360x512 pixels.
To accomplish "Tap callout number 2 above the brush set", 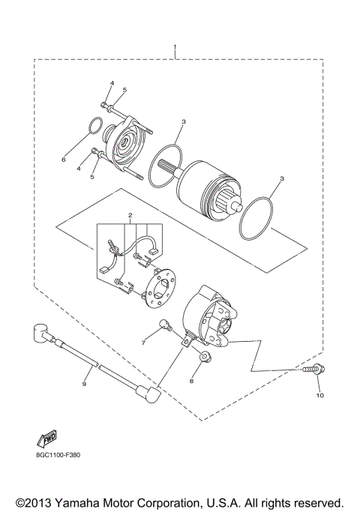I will point(130,215).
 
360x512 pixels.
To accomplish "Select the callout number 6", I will point(64,159).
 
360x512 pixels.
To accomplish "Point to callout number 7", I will point(143,343).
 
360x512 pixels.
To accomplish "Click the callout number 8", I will point(191,381).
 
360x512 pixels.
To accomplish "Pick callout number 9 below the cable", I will point(84,384).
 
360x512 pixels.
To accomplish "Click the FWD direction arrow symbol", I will point(47,439).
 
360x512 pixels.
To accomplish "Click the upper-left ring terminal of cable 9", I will point(40,331).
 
